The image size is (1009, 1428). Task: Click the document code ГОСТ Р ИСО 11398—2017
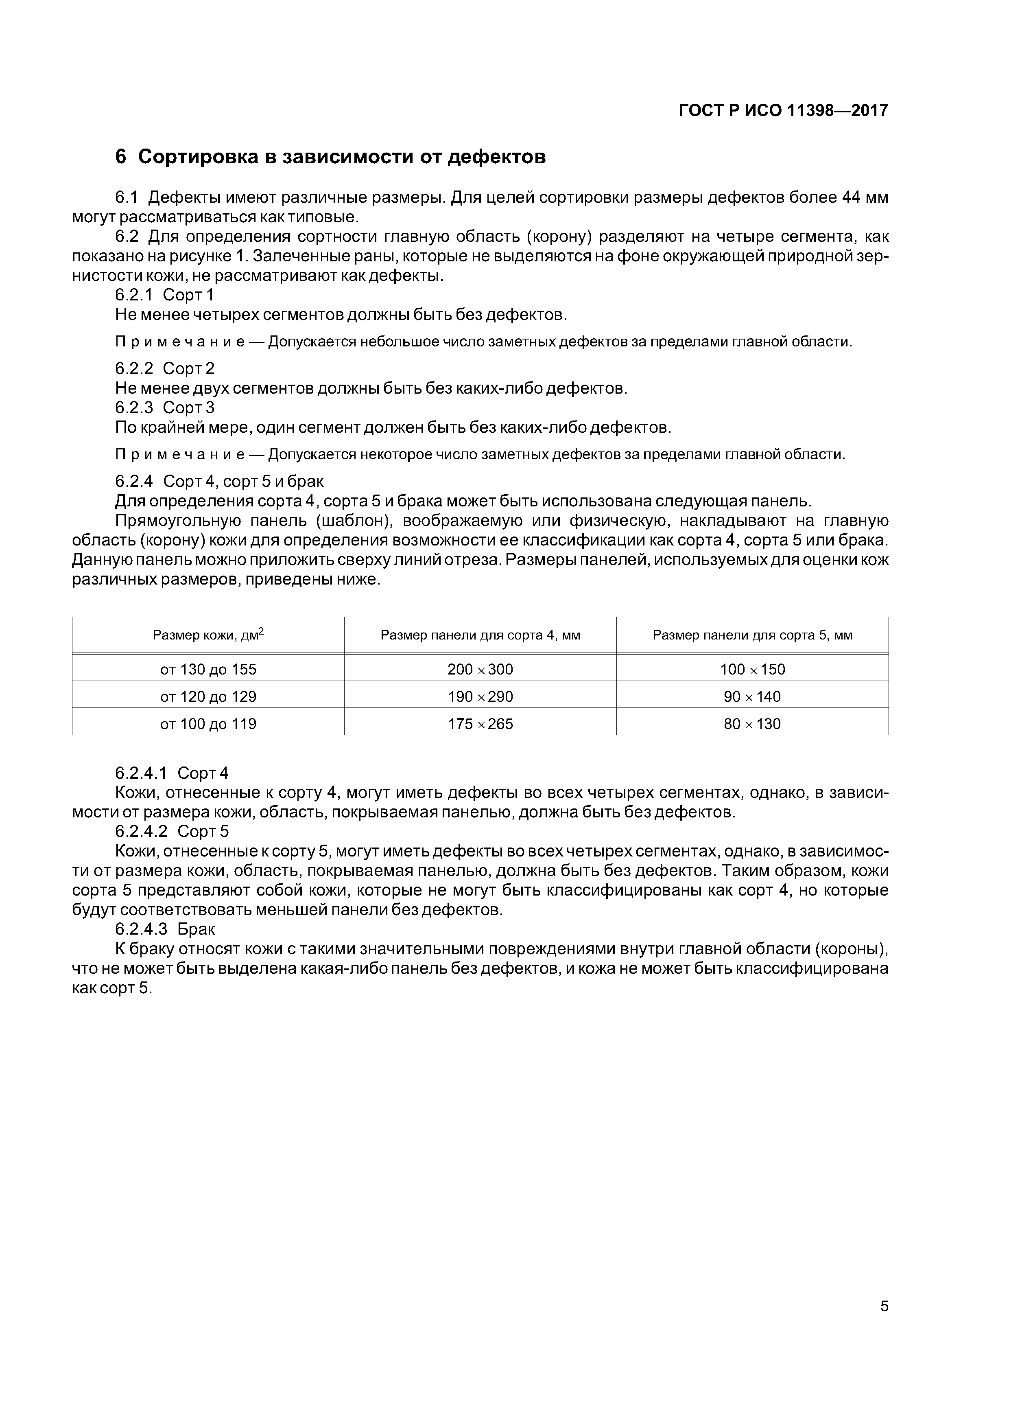[x=783, y=111]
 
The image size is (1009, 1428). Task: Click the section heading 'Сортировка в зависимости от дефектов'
[x=341, y=157]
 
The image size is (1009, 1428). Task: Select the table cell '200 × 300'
[x=480, y=669]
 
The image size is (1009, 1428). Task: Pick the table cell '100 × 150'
[x=752, y=669]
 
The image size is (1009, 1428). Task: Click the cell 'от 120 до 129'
[x=208, y=696]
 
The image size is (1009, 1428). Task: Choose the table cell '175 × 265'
[x=480, y=724]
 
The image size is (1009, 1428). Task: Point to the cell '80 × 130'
[x=752, y=724]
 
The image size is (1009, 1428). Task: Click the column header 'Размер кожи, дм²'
[x=208, y=635]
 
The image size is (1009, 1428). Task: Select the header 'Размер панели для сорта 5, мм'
[x=752, y=635]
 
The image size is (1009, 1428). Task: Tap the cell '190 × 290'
[x=480, y=696]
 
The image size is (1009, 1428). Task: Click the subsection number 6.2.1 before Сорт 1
[x=134, y=295]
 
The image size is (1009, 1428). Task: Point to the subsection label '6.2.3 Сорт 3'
[x=165, y=407]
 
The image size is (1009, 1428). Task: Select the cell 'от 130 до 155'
[x=208, y=669]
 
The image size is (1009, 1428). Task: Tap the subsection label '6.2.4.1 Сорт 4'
[x=172, y=773]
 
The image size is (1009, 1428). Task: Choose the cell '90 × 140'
[x=752, y=696]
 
